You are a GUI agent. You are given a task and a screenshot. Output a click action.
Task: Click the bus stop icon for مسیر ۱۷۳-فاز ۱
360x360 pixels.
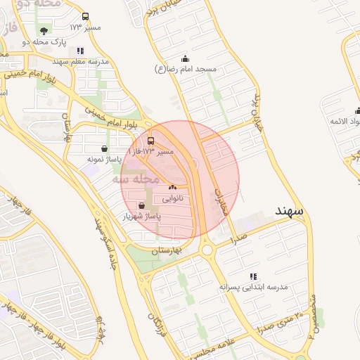click(x=152, y=141)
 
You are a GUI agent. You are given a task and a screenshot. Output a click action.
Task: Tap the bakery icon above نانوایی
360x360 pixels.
click(x=172, y=188)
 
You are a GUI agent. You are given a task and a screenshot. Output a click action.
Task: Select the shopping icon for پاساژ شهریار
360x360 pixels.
click(x=143, y=205)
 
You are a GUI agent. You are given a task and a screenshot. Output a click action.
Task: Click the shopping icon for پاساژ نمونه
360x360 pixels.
click(x=105, y=148)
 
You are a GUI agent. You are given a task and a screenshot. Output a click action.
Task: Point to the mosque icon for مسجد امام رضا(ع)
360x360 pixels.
click(x=185, y=58)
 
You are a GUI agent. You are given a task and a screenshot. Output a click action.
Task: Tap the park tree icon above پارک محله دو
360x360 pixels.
click(x=45, y=30)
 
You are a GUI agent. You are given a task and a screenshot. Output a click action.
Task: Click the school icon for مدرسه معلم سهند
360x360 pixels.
click(x=80, y=51)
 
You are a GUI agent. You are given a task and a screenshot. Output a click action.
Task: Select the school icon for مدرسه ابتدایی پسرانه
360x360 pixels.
click(x=253, y=276)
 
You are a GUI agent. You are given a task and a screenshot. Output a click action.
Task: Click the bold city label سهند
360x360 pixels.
click(x=289, y=211)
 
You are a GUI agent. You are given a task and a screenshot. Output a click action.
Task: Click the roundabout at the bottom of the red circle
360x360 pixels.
click(x=207, y=249)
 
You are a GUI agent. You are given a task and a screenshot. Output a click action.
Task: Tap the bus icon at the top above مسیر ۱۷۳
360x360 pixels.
click(x=86, y=16)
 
